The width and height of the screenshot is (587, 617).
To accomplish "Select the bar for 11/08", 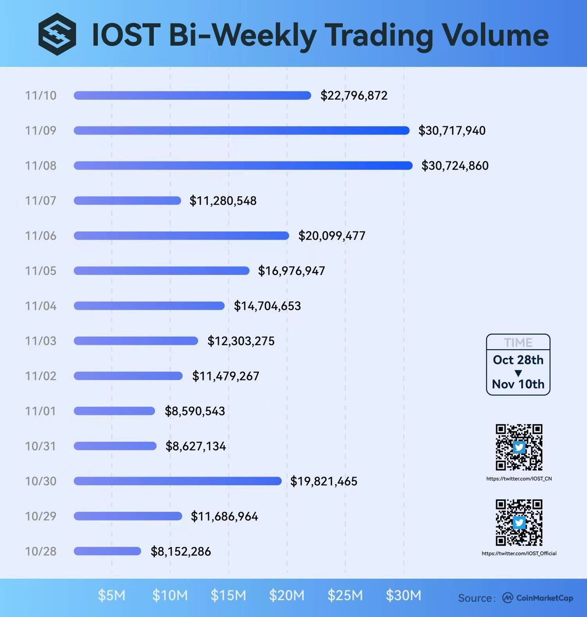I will (x=243, y=166).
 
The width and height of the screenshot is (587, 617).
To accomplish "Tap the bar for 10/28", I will (x=107, y=551).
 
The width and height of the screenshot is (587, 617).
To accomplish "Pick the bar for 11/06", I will (x=181, y=235).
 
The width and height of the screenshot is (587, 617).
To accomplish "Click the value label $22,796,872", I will (x=354, y=96).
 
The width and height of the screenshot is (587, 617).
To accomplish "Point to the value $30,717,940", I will (x=452, y=131).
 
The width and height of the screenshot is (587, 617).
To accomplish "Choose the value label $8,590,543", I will (x=195, y=411).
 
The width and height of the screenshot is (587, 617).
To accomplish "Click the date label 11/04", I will (x=41, y=306).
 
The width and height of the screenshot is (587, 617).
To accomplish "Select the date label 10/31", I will (x=41, y=446).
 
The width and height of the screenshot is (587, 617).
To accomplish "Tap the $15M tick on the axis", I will (x=228, y=595).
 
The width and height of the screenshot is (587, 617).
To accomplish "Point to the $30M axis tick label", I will (x=404, y=595).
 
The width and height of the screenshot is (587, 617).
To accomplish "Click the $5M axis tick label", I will (x=112, y=595).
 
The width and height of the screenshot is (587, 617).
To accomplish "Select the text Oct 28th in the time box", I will (x=518, y=360).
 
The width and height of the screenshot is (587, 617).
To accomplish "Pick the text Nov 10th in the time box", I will (x=518, y=384).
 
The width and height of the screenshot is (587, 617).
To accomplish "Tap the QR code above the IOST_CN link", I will (x=519, y=447).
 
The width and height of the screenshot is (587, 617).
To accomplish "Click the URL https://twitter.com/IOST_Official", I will (x=519, y=554).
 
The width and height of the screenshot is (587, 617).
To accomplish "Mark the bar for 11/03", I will (x=136, y=341).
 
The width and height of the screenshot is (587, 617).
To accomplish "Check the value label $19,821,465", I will (x=324, y=481).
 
